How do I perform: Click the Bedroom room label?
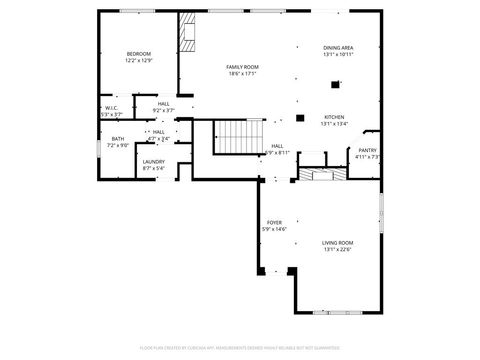pos(138,53)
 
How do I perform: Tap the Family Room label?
pos(242,66)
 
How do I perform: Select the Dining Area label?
pos(338,48)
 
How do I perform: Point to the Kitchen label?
pos(334,116)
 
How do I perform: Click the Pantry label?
pos(368,149)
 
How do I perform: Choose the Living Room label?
pos(337,242)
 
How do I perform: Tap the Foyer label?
pos(274,222)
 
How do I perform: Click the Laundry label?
pos(153,161)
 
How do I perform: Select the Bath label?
pos(118,139)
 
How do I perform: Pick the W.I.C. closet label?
pos(111,108)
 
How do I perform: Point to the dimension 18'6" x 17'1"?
pos(242,73)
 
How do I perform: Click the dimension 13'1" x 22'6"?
pos(337,249)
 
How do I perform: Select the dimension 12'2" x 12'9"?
pos(138,60)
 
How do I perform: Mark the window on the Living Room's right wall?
pos(381,214)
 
